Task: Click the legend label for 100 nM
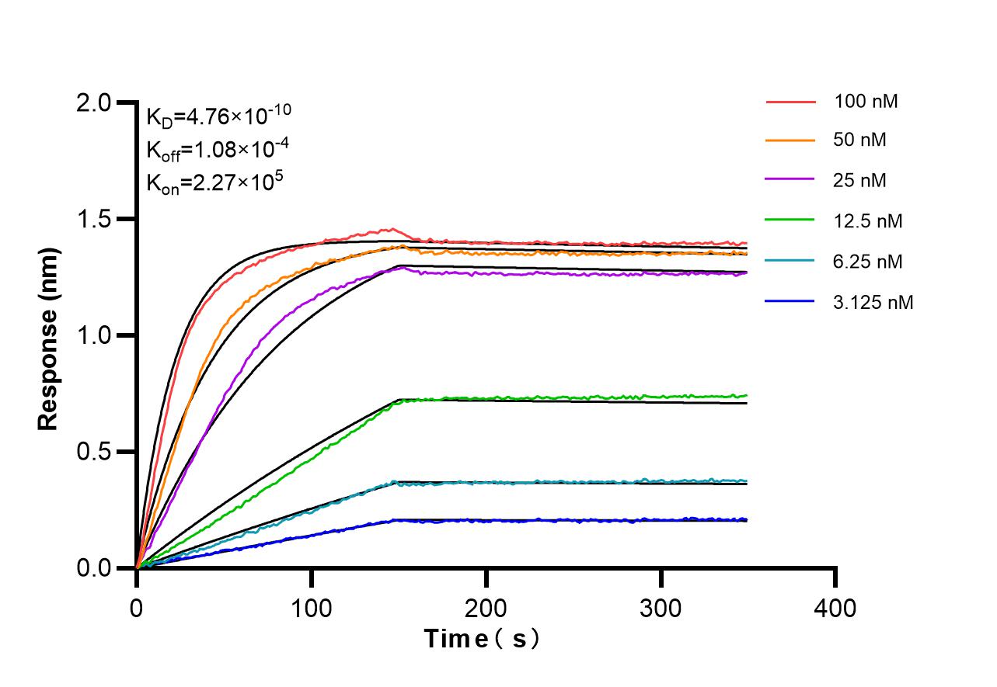(x=866, y=101)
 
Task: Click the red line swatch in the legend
(x=790, y=101)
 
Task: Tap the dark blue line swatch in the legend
(x=790, y=302)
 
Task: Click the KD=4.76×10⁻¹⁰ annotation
(x=218, y=116)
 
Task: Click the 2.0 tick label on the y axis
(x=98, y=103)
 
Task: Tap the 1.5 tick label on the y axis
(x=98, y=220)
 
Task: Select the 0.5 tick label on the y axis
(x=98, y=453)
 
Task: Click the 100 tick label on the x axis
(x=312, y=607)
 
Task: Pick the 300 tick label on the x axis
(x=661, y=607)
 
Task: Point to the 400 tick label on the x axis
(x=835, y=607)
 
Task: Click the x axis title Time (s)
(x=482, y=639)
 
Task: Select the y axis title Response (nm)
(x=48, y=339)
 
